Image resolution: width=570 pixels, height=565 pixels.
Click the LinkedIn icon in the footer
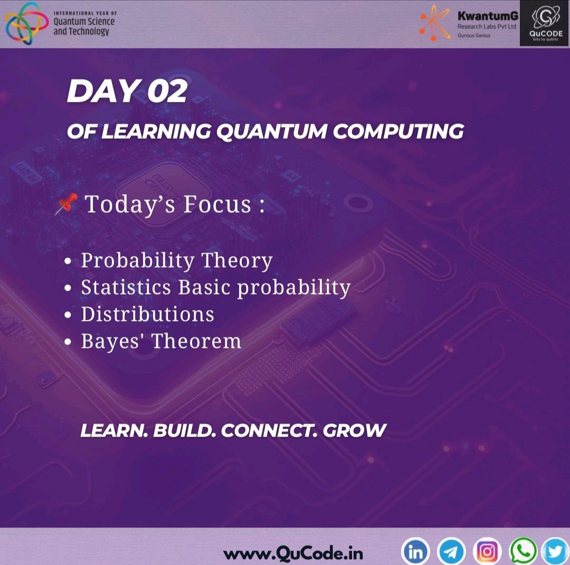(x=415, y=552)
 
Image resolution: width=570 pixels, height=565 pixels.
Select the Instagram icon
(x=487, y=552)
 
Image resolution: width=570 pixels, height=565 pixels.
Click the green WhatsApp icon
(x=522, y=551)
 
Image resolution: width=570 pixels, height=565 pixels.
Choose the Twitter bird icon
(x=555, y=552)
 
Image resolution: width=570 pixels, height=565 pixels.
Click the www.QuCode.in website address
(x=293, y=554)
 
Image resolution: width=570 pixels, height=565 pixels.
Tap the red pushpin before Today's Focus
(x=66, y=203)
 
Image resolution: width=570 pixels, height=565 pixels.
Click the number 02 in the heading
(x=167, y=92)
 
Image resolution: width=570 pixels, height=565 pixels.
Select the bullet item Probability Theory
(x=176, y=260)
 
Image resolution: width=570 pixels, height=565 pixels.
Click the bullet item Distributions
(x=147, y=314)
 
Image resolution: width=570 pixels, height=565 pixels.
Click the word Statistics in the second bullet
(x=126, y=287)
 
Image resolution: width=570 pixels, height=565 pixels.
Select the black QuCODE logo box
(x=544, y=24)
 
